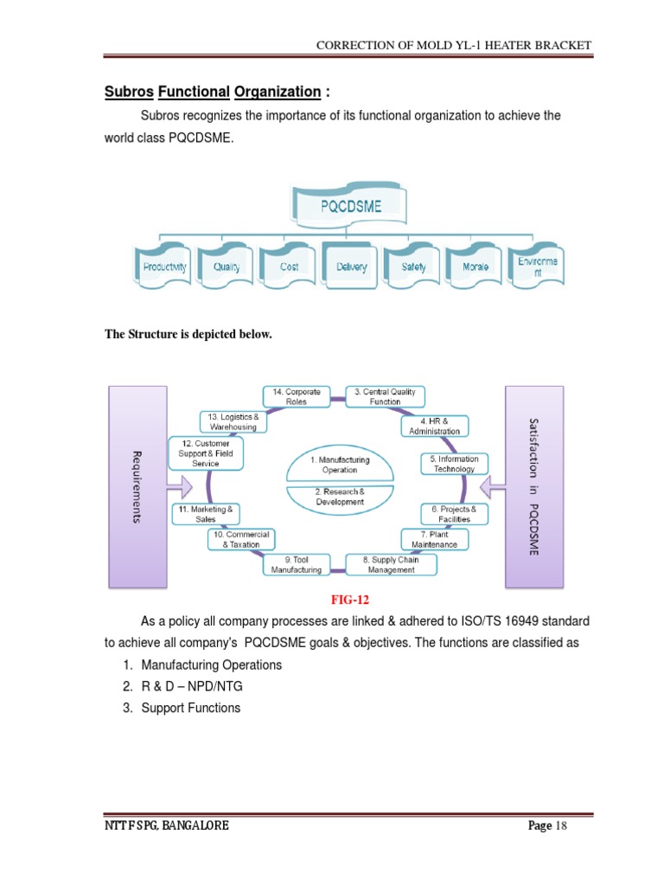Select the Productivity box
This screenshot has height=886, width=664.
click(164, 267)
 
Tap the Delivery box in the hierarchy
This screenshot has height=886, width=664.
click(351, 267)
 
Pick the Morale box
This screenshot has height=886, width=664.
click(476, 267)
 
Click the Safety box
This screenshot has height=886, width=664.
click(413, 267)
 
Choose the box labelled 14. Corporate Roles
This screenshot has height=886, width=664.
click(297, 396)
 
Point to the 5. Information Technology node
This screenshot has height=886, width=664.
click(454, 464)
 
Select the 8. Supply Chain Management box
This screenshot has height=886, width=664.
click(392, 565)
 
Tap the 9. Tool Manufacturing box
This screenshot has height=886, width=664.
click(297, 565)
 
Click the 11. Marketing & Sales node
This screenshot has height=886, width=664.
click(205, 514)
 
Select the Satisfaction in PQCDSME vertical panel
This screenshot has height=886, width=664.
click(533, 485)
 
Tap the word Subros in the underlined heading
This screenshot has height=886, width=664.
click(128, 92)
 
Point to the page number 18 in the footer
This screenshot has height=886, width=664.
click(560, 826)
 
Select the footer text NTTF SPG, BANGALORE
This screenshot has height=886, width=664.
click(166, 826)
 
